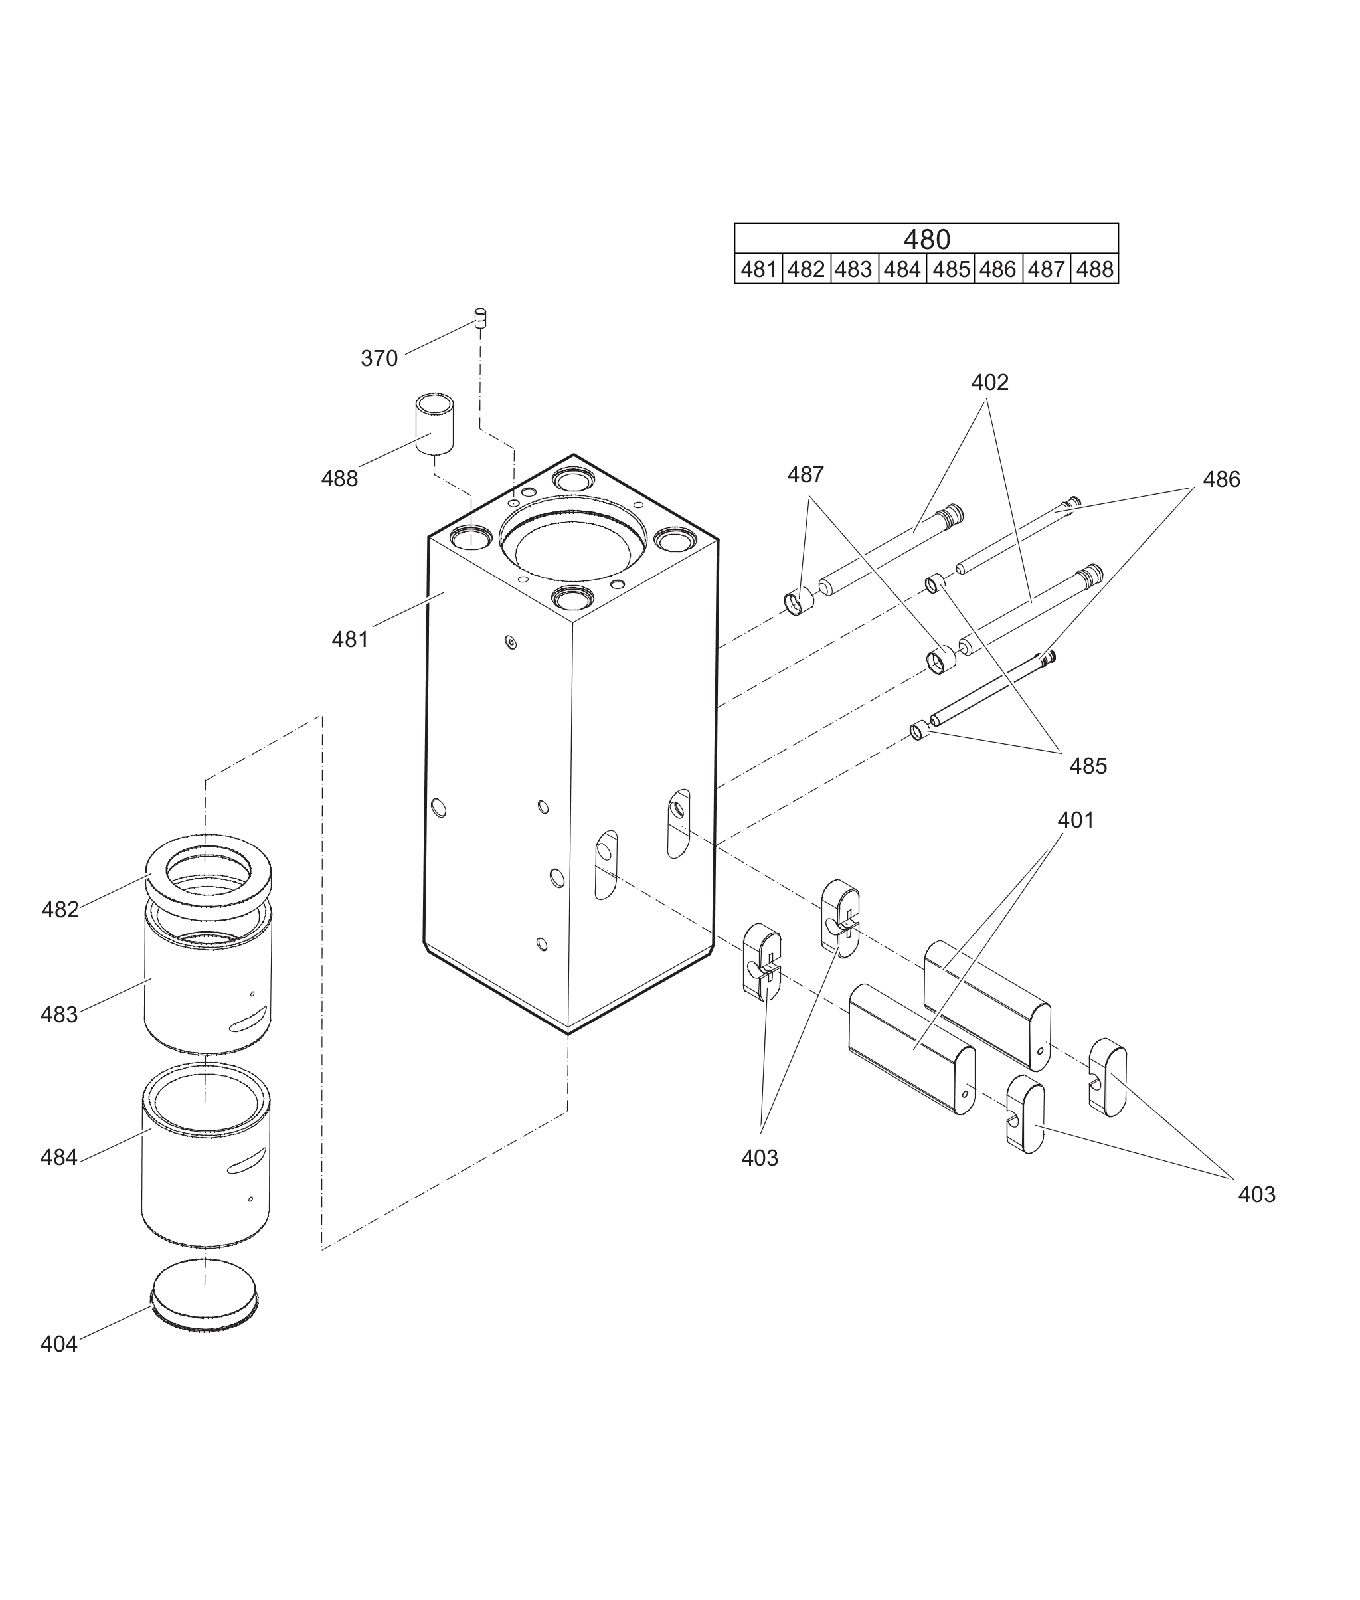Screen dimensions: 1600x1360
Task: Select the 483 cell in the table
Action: (853, 269)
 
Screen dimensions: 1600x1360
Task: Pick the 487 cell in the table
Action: (1046, 269)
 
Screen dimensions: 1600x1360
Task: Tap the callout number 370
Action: (379, 359)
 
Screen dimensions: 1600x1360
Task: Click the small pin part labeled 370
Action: (480, 317)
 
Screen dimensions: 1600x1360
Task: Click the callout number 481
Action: (350, 639)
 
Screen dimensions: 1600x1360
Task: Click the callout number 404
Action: (59, 1344)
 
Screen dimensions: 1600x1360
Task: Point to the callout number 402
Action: (990, 383)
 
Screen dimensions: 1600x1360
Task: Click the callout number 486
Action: (1221, 480)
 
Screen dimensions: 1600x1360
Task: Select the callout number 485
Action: (1088, 766)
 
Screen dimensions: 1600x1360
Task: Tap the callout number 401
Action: (1076, 820)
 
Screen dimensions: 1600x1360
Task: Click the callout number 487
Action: (806, 475)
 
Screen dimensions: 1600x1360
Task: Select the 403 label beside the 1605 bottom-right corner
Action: (1256, 1194)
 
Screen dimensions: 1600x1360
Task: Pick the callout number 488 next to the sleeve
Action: (340, 479)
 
